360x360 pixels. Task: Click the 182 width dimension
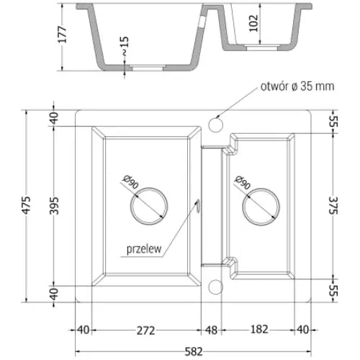click(259, 330)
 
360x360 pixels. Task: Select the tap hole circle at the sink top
click(214, 126)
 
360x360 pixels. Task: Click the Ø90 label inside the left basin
click(130, 184)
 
